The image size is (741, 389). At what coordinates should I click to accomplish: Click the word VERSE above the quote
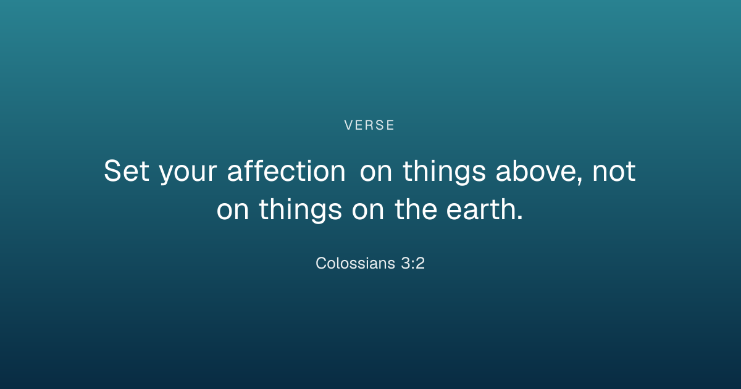click(x=369, y=125)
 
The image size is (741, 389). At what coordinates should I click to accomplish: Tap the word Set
click(x=127, y=170)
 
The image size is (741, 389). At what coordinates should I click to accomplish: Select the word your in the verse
click(x=188, y=174)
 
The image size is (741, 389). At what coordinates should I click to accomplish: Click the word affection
click(x=287, y=170)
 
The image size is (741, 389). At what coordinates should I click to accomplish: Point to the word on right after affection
click(x=376, y=173)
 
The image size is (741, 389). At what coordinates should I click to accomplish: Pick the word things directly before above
click(x=444, y=172)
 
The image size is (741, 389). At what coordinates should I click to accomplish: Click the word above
click(x=537, y=170)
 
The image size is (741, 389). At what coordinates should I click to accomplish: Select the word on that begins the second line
click(x=233, y=211)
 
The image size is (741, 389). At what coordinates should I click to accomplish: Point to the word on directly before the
click(x=368, y=211)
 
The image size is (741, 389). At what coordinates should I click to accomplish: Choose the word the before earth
click(x=416, y=209)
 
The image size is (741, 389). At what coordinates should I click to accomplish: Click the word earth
click(x=480, y=209)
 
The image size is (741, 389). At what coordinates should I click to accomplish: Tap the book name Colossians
click(x=355, y=263)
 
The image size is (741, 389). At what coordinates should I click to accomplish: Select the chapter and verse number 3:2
click(x=413, y=263)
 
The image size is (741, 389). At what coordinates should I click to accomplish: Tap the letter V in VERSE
click(x=348, y=125)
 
